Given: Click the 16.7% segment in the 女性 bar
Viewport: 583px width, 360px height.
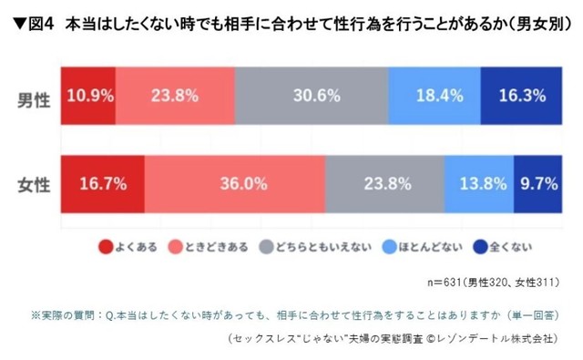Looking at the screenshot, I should [101, 183].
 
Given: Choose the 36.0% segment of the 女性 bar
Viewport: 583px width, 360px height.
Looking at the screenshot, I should [234, 183].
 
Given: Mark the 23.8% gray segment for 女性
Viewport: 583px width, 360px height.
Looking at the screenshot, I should [384, 183].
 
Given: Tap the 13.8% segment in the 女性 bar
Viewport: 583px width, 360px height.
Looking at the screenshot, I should [479, 183].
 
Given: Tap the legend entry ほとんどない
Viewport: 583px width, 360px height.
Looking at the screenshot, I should [425, 245].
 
